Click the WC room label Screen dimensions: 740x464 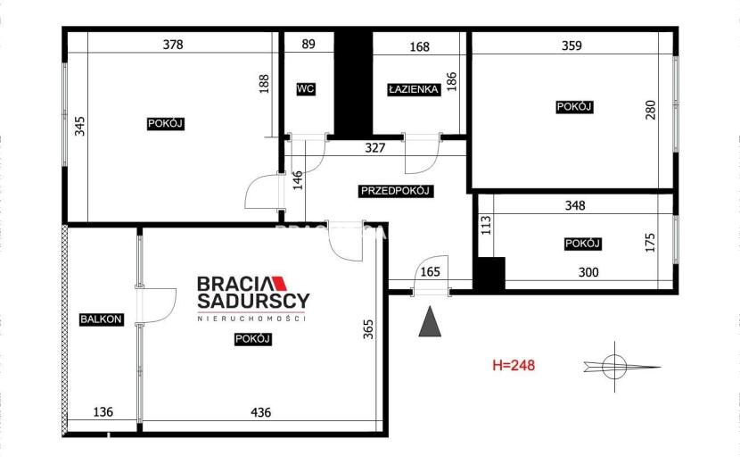(306, 89)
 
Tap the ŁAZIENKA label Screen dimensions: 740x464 (414, 89)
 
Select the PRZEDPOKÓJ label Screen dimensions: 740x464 (396, 191)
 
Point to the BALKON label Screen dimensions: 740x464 (102, 319)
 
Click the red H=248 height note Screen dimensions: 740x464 (514, 365)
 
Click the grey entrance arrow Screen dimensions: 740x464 (430, 322)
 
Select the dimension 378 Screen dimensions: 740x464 (173, 45)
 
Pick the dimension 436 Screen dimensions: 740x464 (260, 412)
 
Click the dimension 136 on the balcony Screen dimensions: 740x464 (103, 412)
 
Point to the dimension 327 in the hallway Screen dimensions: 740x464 (375, 148)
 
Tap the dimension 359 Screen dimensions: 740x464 (571, 46)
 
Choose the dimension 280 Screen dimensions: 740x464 (650, 110)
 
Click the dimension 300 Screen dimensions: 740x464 (588, 272)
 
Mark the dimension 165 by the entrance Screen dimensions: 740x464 (430, 271)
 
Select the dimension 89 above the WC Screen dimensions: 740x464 (308, 44)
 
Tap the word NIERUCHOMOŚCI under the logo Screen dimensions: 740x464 (252, 319)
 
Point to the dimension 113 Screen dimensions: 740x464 (486, 225)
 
